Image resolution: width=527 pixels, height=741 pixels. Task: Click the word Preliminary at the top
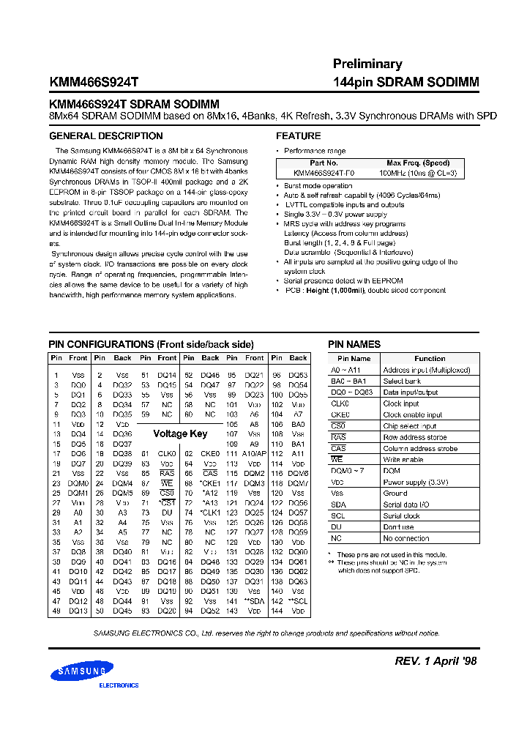(x=367, y=64)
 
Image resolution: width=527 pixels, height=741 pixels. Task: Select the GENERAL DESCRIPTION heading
(x=105, y=136)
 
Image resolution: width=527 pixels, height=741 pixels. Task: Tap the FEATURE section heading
(x=298, y=136)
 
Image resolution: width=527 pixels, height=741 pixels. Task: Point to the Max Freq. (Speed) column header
(x=417, y=163)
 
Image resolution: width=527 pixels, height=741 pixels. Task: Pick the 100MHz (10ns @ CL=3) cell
(x=417, y=173)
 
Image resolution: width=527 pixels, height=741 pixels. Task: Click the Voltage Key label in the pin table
(x=180, y=433)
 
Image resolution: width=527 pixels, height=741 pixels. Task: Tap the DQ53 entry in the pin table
(x=298, y=375)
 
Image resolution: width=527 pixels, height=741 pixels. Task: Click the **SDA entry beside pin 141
(x=254, y=600)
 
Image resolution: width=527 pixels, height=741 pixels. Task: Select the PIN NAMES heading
(x=354, y=344)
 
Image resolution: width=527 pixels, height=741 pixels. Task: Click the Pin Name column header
(x=354, y=359)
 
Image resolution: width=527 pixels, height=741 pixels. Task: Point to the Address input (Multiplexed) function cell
(x=426, y=370)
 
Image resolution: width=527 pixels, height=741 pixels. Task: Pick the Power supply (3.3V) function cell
(x=416, y=483)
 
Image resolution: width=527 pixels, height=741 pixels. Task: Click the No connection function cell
(x=406, y=538)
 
